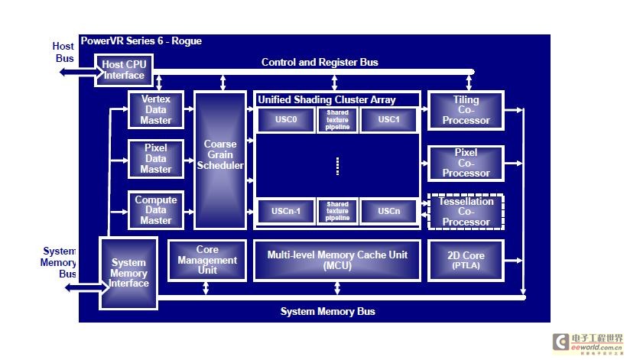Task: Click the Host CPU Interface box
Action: coord(123,70)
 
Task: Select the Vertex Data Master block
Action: coord(156,110)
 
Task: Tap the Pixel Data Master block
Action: coord(156,159)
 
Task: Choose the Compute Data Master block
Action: coord(156,210)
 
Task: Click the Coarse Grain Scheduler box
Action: coord(220,160)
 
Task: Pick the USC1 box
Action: coord(388,120)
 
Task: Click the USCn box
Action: coord(388,212)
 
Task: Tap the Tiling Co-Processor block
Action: coord(466,111)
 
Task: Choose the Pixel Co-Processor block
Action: coord(466,163)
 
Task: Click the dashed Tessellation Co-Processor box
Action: coord(466,212)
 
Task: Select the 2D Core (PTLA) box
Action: coord(466,260)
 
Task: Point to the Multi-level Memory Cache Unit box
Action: coord(337,260)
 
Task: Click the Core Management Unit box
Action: coord(207,260)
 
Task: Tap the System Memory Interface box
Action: coord(128,273)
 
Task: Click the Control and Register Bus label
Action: coord(320,62)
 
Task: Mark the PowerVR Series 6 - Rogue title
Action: coord(141,41)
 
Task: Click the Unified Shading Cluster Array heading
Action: coord(326,99)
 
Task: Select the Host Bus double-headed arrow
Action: coord(76,72)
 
